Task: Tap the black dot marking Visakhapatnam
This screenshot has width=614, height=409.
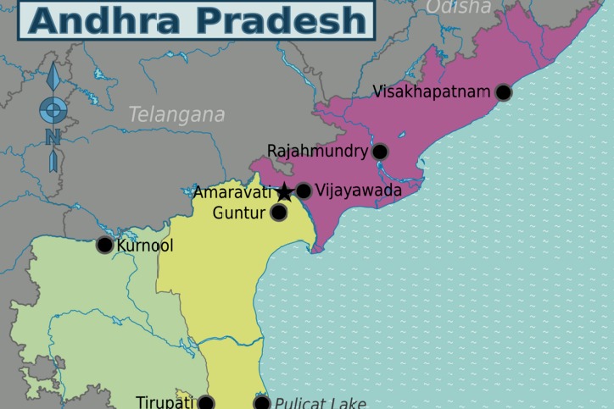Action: (x=504, y=92)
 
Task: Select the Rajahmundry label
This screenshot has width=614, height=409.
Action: (x=317, y=152)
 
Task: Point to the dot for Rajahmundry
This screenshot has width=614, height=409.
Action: (x=380, y=152)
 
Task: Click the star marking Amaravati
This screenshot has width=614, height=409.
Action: (x=284, y=192)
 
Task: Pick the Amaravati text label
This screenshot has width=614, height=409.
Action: (x=232, y=192)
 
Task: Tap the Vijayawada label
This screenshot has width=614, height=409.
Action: (x=358, y=191)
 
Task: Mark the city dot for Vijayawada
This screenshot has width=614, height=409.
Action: (x=303, y=191)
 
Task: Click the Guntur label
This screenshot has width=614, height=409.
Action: (x=238, y=213)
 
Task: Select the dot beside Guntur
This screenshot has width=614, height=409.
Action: (x=278, y=213)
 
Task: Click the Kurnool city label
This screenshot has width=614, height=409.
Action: (x=144, y=246)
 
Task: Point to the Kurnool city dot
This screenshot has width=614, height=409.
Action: (x=104, y=246)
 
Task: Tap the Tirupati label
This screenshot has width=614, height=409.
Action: (x=165, y=402)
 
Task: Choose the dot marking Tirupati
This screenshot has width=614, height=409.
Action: (x=205, y=403)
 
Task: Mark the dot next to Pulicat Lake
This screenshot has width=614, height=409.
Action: (x=262, y=403)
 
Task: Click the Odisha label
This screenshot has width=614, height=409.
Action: (x=458, y=8)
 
